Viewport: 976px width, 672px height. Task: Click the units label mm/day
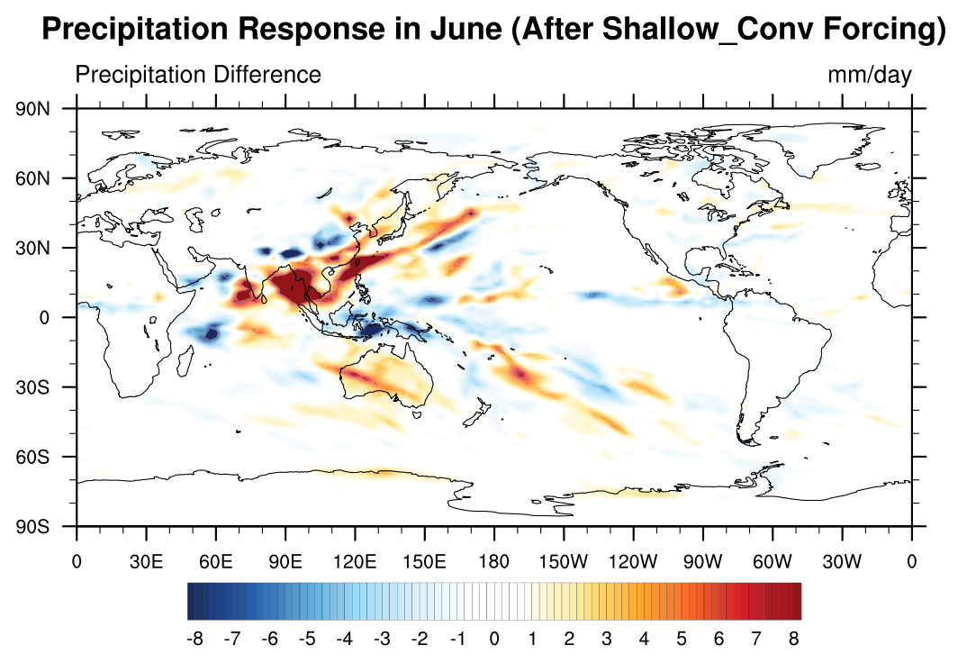coord(869,75)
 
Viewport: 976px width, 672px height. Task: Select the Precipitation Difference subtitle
coord(198,75)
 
